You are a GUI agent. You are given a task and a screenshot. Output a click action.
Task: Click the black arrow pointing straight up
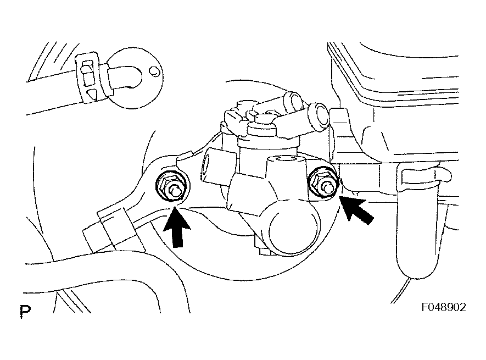click(x=177, y=228)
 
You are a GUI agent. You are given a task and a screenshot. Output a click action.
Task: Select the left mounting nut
click(x=170, y=187)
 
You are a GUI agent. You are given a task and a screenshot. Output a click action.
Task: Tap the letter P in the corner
click(x=25, y=311)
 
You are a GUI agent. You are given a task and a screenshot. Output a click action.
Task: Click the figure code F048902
click(x=444, y=307)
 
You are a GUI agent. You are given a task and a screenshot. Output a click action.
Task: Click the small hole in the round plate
click(x=153, y=71)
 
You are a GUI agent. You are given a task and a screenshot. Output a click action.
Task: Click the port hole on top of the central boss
click(x=285, y=159)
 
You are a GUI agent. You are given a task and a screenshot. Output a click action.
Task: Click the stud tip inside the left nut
click(x=175, y=191)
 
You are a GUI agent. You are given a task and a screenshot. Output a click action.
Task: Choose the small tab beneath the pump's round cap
click(x=263, y=250)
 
